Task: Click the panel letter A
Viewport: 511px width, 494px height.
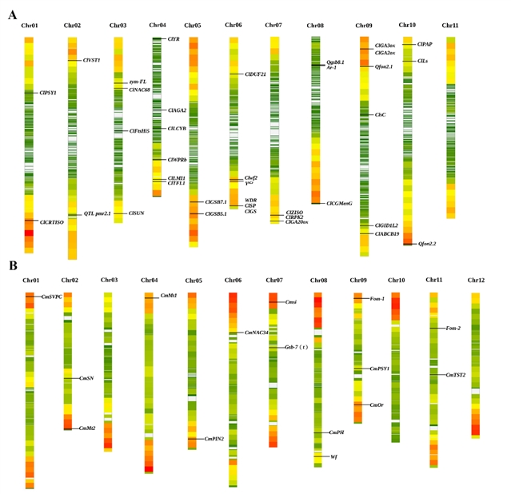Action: click(x=12, y=14)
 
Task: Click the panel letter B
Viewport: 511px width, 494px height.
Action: click(x=12, y=265)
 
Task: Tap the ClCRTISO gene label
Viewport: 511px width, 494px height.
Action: click(x=52, y=222)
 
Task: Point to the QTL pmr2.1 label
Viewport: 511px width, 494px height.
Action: click(x=98, y=213)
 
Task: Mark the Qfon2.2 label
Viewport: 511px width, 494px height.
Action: click(x=430, y=244)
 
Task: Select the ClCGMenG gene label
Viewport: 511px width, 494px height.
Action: click(x=339, y=204)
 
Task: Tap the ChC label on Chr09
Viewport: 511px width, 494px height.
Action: click(x=380, y=115)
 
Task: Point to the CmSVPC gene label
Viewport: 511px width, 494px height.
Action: click(x=51, y=297)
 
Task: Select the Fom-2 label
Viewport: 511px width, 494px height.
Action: click(x=453, y=328)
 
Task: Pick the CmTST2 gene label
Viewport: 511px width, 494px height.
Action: click(x=457, y=374)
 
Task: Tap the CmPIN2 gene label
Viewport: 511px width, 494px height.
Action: click(x=214, y=438)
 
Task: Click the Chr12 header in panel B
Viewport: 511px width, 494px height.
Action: click(x=477, y=281)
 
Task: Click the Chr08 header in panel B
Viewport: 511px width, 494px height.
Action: click(x=318, y=281)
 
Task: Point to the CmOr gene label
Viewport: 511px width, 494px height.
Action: click(x=377, y=406)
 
